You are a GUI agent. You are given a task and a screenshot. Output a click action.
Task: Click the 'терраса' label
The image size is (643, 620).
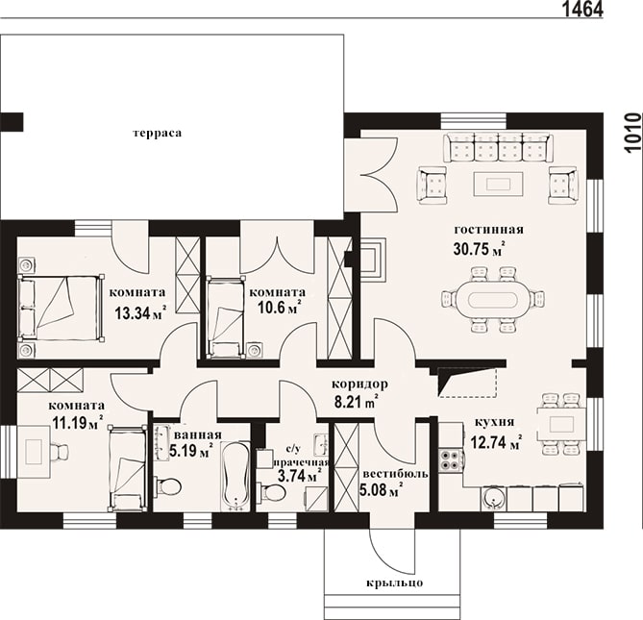157,134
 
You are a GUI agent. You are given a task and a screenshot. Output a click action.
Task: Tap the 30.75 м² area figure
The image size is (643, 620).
479,249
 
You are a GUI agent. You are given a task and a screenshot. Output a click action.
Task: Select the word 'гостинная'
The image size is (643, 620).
489,229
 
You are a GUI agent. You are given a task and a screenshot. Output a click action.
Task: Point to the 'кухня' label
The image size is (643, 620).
494,422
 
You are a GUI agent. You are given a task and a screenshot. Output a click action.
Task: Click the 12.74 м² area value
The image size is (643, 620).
496,442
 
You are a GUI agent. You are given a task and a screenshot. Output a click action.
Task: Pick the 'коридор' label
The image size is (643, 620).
359,384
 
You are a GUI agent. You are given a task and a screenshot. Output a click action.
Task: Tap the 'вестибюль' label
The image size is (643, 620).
396,474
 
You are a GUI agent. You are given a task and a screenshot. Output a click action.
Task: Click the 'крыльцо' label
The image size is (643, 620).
394,583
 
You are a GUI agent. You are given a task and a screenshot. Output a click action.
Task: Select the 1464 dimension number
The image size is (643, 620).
581,9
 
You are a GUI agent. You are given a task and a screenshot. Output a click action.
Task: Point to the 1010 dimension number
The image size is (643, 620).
633,134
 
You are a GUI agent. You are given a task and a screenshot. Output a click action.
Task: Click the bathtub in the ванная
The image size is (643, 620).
235,476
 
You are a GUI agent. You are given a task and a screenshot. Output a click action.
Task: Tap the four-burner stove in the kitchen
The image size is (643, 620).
451,459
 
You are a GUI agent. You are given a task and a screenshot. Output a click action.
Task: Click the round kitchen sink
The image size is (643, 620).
493,498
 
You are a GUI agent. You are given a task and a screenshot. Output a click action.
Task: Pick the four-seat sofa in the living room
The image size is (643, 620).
498,148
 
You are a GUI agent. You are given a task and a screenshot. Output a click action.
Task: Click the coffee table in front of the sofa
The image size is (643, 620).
498,184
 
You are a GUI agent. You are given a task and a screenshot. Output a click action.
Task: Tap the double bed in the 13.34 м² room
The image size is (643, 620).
61,308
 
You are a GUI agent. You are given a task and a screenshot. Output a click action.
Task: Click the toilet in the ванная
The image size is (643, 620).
168,486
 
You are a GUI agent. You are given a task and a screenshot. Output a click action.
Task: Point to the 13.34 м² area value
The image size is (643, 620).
140,313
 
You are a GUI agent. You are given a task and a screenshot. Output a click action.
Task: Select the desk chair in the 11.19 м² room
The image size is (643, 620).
60,453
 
